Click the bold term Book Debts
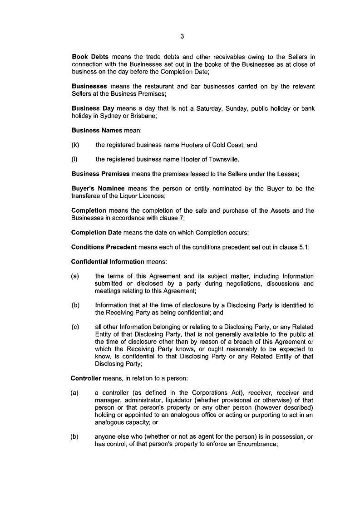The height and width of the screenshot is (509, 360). pos(90,57)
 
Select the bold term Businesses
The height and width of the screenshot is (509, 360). pos(89,86)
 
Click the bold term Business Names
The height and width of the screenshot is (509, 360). pos(97,130)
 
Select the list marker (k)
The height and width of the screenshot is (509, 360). pos(75,145)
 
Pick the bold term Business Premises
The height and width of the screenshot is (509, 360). pos(100,174)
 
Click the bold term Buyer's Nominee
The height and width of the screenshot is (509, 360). pos(98,189)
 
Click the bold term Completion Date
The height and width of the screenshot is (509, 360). pos(96,232)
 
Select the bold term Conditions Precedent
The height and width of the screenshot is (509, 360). pos(104,247)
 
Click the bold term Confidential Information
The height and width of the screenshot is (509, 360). pos(108,262)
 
